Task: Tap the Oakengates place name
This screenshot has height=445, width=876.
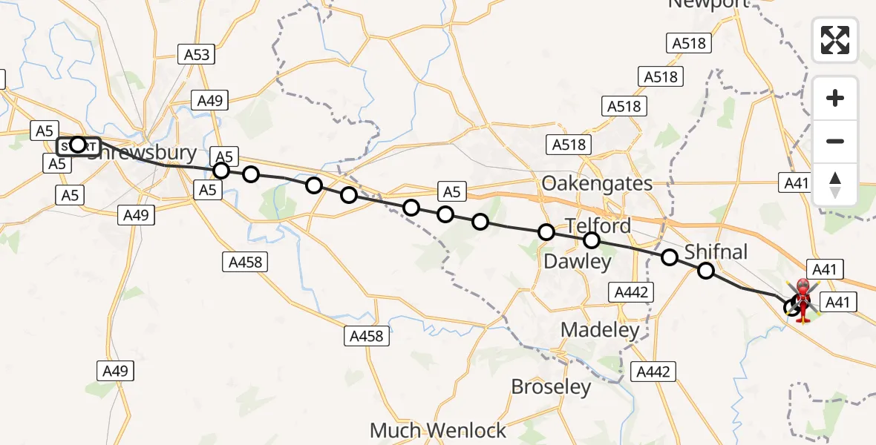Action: point(598,183)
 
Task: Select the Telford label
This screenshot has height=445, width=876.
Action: point(598,225)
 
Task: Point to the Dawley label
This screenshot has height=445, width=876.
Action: point(578,261)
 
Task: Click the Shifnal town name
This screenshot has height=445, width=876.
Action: point(716,252)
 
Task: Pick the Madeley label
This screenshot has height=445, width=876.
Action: point(600,330)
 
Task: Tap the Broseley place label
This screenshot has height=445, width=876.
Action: point(552,387)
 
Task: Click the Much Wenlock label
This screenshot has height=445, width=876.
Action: point(438,430)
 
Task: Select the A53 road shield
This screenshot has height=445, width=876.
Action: point(196,53)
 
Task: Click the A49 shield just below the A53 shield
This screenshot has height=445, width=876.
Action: point(210,101)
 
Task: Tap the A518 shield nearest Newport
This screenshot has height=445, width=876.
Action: point(688,43)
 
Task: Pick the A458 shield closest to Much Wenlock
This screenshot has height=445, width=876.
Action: point(367,336)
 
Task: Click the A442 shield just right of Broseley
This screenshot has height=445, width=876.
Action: point(653,372)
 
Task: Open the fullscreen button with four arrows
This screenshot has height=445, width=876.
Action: point(835,39)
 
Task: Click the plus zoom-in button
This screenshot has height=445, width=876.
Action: point(835,98)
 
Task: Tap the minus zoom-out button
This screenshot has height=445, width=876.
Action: point(835,141)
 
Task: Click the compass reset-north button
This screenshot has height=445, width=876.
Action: point(835,184)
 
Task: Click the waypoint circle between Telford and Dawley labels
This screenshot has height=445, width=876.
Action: point(592,240)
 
